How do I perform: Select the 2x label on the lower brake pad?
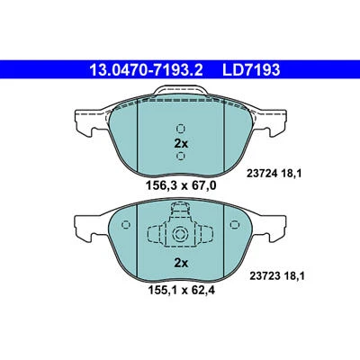(x=180, y=263)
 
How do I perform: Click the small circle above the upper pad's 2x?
(x=180, y=128)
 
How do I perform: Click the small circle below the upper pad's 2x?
(x=180, y=156)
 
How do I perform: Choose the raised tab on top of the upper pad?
(x=180, y=90)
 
